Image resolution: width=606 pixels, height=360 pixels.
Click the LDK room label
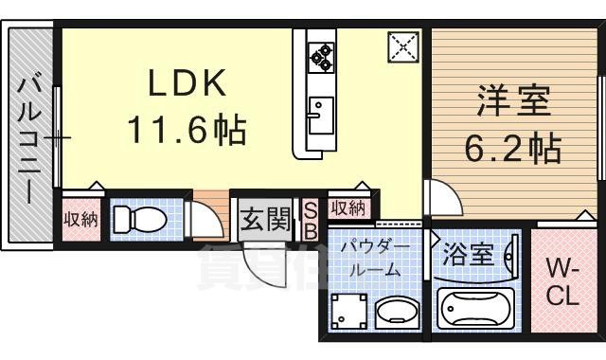(186, 85)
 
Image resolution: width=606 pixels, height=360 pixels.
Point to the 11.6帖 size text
(186, 129)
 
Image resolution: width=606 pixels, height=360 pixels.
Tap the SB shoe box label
(310, 220)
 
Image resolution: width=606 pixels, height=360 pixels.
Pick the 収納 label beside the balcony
(80, 219)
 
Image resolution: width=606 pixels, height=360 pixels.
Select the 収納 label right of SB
(348, 207)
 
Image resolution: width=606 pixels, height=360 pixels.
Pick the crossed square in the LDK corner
(402, 45)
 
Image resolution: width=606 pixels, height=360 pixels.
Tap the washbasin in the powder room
(393, 312)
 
